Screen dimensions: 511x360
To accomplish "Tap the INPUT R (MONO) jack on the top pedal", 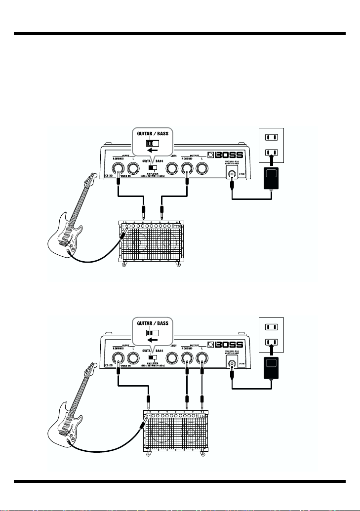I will (119, 170).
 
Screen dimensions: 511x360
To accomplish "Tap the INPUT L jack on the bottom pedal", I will (133, 358).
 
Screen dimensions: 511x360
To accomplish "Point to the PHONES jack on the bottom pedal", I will (172, 358).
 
